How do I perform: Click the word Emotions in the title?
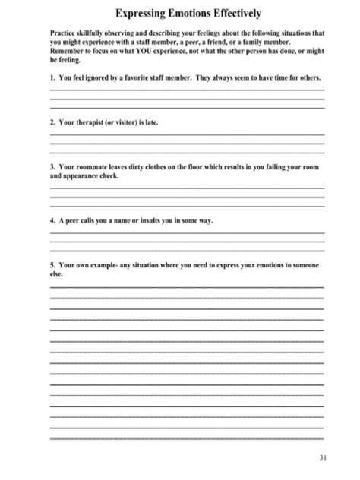point(188,14)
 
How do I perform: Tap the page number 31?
point(323,457)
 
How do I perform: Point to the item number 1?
point(51,79)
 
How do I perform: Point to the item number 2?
point(51,122)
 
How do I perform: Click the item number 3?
point(51,166)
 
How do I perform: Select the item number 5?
point(51,265)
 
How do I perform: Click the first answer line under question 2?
point(187,134)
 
